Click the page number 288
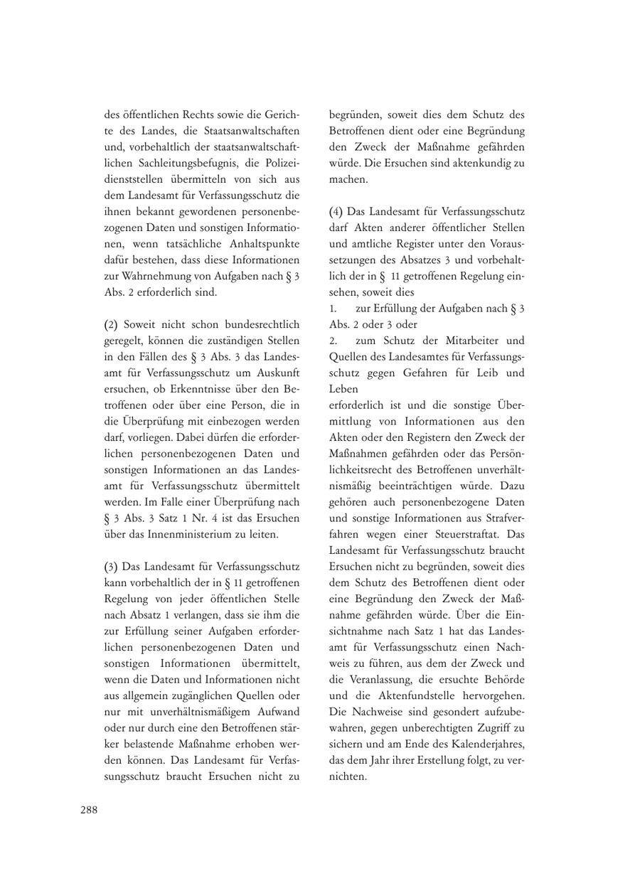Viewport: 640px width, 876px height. (89, 809)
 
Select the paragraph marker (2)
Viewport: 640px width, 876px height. (110, 324)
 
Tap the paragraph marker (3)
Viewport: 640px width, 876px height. (110, 567)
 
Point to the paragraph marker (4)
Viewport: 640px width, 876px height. (336, 212)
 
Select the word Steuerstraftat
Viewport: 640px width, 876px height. (444, 534)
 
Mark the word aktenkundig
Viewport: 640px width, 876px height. (480, 163)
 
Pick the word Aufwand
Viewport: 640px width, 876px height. (279, 712)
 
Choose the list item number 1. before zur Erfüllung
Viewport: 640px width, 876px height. (333, 309)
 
